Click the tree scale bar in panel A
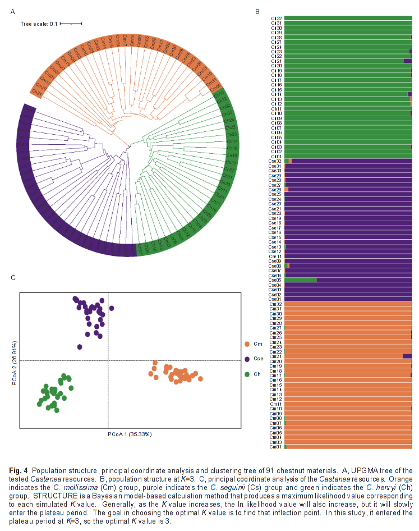click(71, 24)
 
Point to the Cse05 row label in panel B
click(275, 280)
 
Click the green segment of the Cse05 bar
click(301, 280)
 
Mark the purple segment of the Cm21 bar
click(407, 356)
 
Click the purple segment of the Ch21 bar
click(408, 61)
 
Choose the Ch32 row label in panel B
click(276, 19)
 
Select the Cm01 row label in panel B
click(275, 447)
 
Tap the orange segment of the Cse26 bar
click(287, 190)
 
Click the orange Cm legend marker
click(247, 344)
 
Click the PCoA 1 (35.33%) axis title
click(130, 434)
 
